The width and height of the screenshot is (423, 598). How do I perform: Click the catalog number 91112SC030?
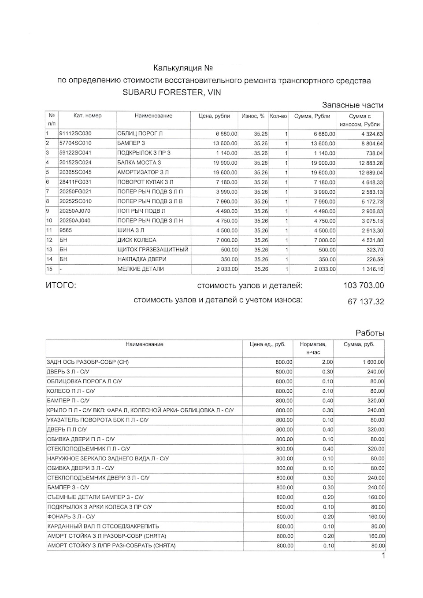(75, 133)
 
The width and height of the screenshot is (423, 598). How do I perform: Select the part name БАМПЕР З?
(131, 143)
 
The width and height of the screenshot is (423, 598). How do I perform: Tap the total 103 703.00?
(364, 286)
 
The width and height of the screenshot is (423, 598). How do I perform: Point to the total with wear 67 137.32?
(366, 302)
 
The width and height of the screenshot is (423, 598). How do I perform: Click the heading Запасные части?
(352, 105)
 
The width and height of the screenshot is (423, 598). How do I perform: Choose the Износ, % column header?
(253, 116)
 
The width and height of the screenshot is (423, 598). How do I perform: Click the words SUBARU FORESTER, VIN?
(172, 92)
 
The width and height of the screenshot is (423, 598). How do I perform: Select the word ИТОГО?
(61, 286)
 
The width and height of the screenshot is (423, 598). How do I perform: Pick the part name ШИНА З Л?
(131, 230)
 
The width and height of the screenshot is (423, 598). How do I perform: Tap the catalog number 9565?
(65, 230)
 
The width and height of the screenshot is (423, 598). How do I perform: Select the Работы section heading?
(370, 333)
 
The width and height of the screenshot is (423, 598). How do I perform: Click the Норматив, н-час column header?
(313, 348)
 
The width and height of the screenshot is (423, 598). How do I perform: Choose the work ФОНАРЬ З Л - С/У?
(71, 517)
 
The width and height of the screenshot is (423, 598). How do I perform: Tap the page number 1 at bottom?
(383, 556)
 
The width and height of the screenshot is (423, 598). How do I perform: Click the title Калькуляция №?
(183, 68)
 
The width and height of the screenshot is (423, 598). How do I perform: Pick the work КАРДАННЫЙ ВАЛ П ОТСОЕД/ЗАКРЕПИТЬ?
(103, 526)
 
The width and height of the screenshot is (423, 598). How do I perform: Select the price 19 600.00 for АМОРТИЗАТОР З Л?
(224, 173)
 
